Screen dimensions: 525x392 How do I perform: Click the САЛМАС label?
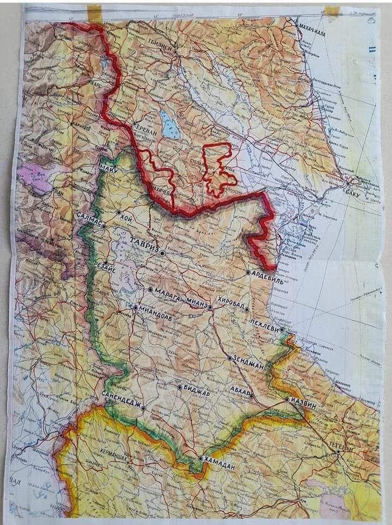click(88, 218)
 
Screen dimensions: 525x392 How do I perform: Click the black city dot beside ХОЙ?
click(118, 212)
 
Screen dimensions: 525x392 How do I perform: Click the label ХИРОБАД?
click(231, 301)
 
